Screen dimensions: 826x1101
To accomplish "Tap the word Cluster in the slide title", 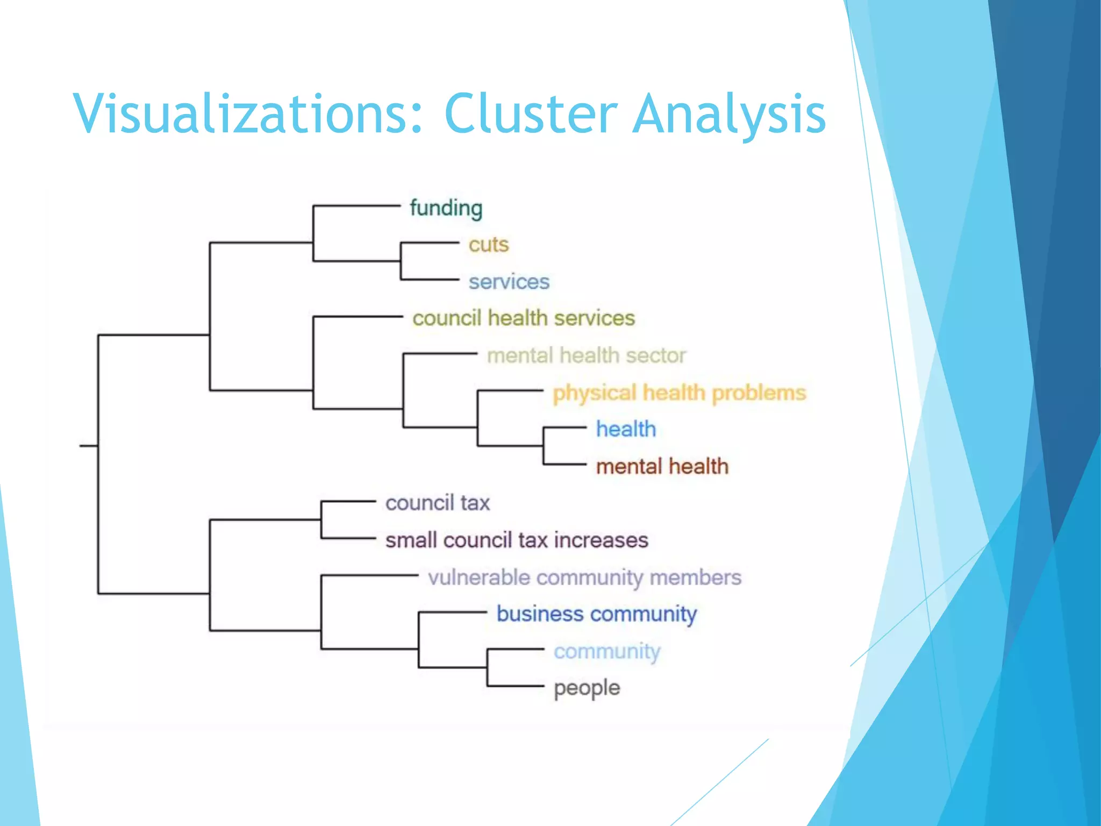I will point(531,113).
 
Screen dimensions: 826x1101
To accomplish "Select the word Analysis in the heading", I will point(729,113).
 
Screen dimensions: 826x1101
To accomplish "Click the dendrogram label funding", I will point(446,208).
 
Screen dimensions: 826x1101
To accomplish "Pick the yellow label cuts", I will point(488,245).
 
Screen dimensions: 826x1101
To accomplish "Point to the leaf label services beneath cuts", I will point(509,282).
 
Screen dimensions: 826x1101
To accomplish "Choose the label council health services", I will point(524,318).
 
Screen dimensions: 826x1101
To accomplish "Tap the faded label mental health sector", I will point(587,355).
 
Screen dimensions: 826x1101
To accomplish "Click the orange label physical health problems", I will point(680,393).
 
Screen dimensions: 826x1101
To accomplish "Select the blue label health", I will point(626,429).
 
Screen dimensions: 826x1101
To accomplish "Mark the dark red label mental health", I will point(662,466).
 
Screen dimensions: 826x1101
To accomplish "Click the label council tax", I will point(438,503).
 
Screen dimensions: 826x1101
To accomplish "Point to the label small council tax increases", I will point(517,540).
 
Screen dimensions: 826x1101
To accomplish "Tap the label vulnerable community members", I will point(584,578).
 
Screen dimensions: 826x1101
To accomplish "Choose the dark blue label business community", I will point(596,614).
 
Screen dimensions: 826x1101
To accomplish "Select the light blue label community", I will point(607,651).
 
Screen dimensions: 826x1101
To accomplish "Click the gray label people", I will point(587,688).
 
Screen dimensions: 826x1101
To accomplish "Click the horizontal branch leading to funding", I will point(357,206).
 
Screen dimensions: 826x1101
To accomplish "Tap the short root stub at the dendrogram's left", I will point(89,445).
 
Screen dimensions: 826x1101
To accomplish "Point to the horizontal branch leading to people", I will point(516,686).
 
